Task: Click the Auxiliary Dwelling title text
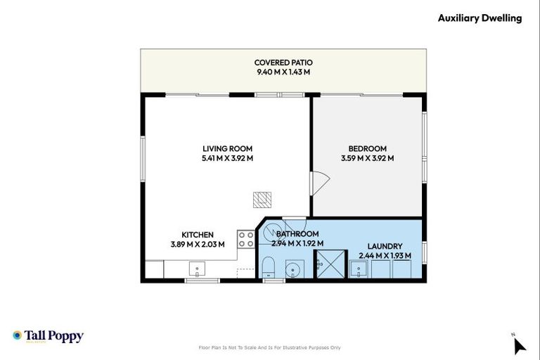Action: click(480, 18)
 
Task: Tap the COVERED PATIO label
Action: click(283, 62)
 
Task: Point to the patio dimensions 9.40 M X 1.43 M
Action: click(283, 72)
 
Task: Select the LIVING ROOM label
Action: click(227, 148)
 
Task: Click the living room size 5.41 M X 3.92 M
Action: click(227, 158)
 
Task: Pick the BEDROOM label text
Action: click(367, 148)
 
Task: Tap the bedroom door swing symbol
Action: click(320, 184)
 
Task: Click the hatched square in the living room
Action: click(262, 200)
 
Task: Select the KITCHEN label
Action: click(198, 235)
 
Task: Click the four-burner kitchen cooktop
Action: click(245, 239)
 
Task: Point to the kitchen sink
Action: click(197, 269)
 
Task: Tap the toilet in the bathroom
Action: click(267, 268)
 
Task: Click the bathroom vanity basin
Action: click(294, 269)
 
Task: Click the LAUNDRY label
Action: click(385, 246)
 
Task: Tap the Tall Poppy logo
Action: click(48, 336)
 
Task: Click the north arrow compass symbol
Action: click(519, 345)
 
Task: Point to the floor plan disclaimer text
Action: click(270, 347)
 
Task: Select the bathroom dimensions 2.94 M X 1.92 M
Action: click(297, 243)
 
